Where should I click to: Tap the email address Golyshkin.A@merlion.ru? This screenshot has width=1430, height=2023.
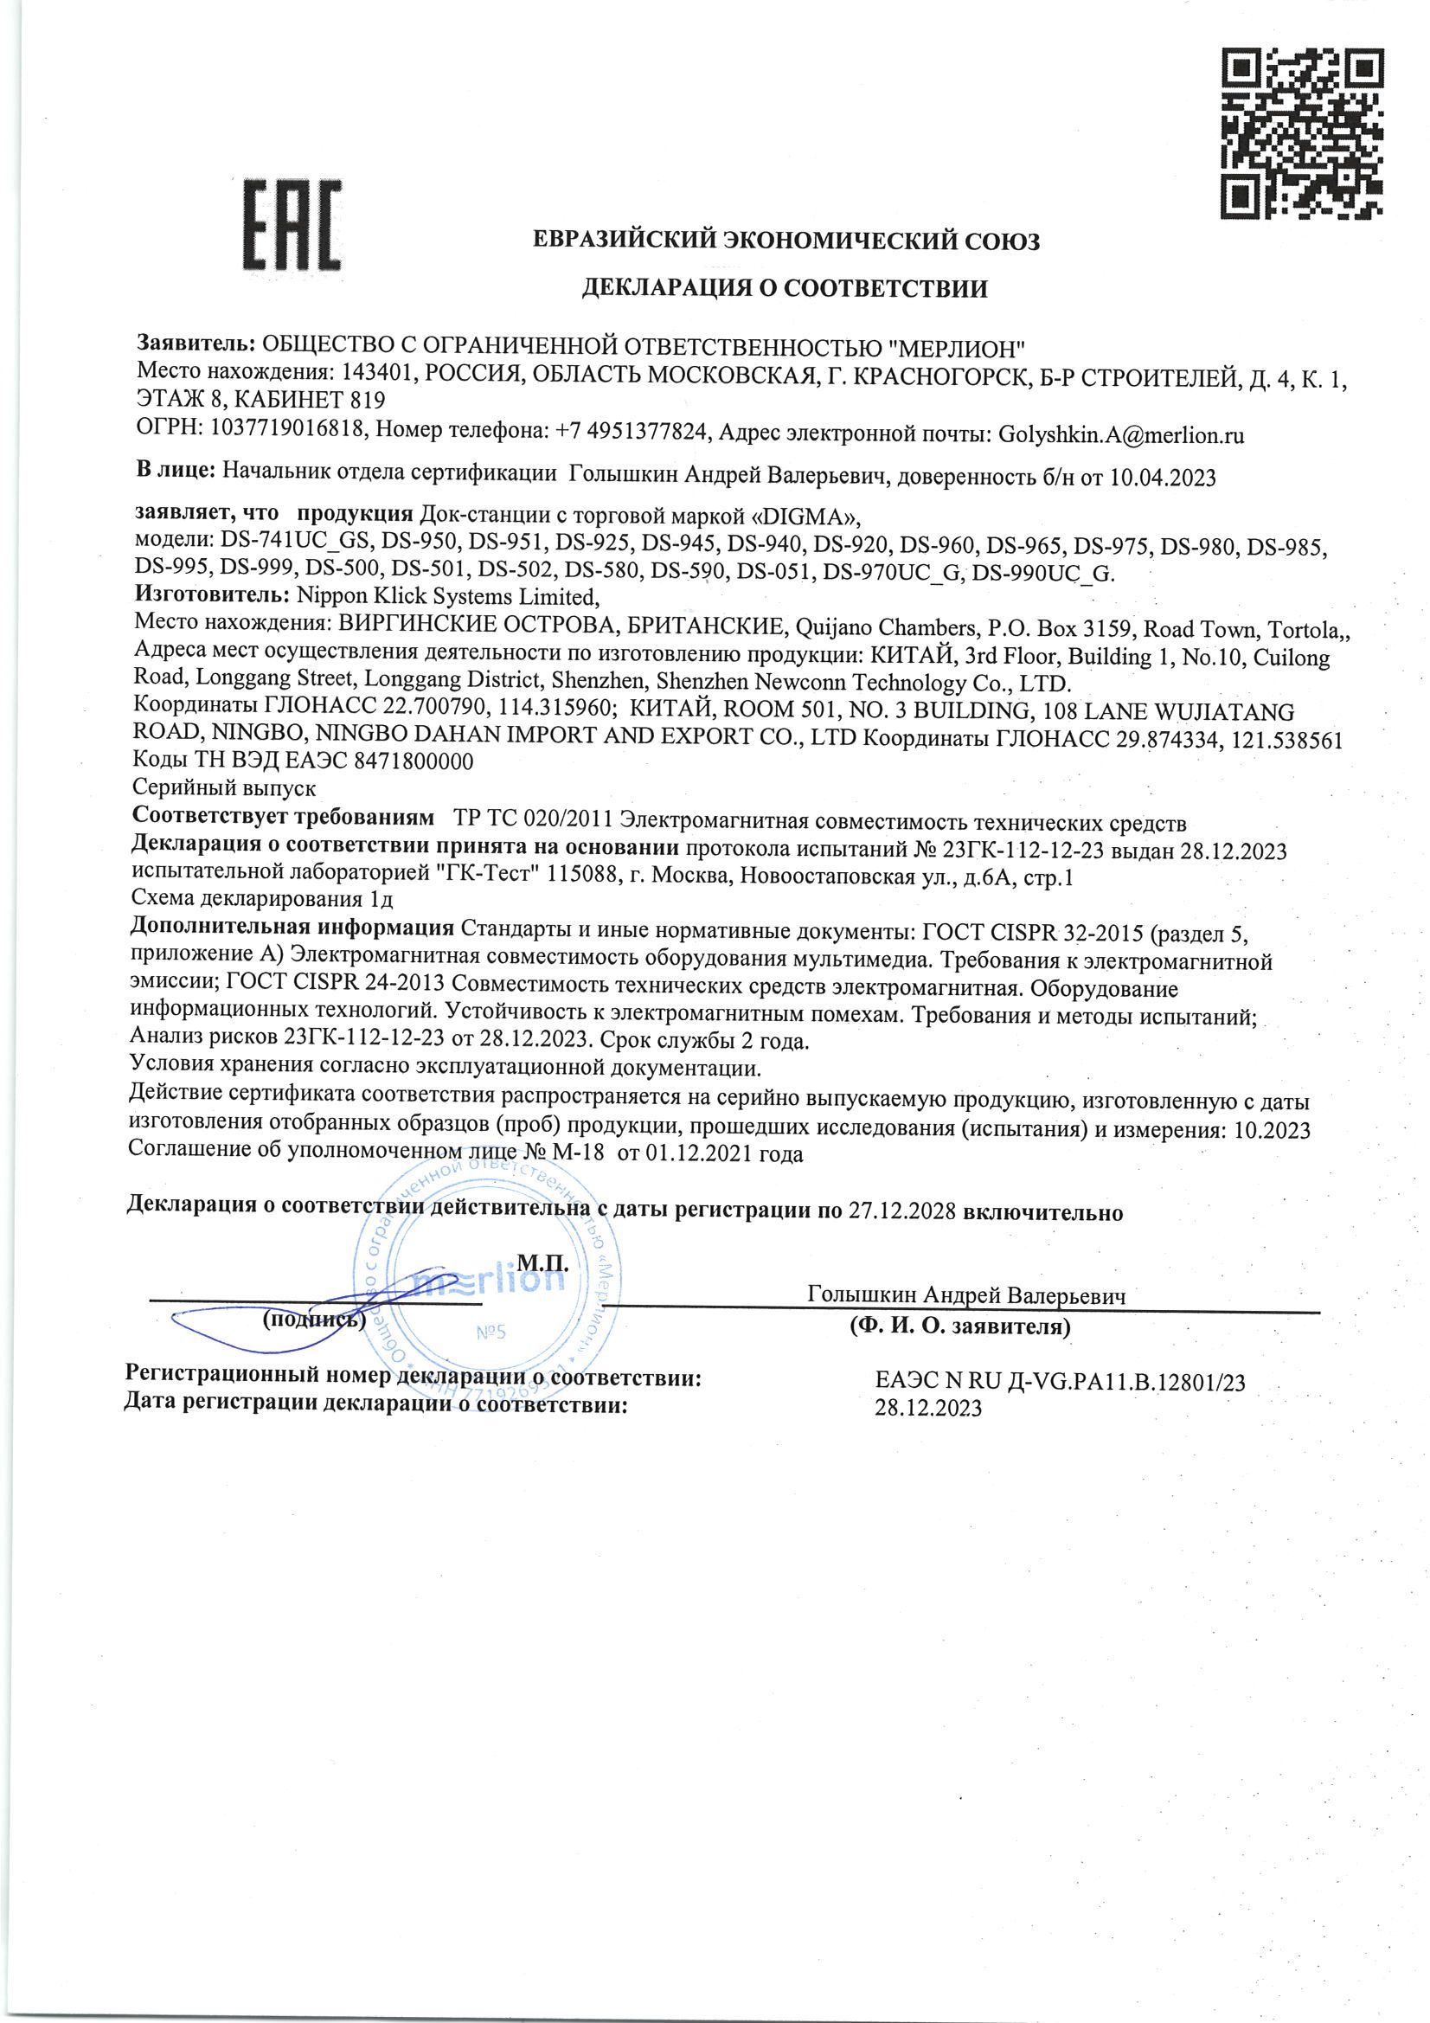click(x=1119, y=434)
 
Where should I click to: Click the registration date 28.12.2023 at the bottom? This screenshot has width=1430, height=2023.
click(x=927, y=1408)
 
